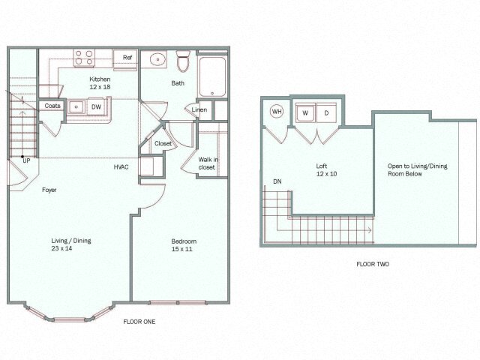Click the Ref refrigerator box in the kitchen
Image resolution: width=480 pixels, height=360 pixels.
(126, 58)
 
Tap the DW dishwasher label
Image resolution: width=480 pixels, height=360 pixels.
(97, 107)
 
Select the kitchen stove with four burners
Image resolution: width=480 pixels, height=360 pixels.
(82, 57)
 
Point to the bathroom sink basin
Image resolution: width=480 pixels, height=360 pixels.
(158, 59)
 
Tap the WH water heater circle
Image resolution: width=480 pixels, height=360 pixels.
(277, 112)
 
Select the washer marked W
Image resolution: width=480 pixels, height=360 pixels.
(306, 113)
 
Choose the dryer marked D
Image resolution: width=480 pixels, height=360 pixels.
(327, 113)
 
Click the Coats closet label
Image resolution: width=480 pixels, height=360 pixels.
(52, 106)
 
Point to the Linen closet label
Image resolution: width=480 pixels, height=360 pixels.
(199, 110)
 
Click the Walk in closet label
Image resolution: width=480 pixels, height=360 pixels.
(207, 163)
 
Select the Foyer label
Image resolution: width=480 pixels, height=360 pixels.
(49, 190)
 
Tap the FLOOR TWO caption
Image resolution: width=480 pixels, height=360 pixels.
(373, 264)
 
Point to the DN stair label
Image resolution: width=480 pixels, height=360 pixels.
(277, 181)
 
